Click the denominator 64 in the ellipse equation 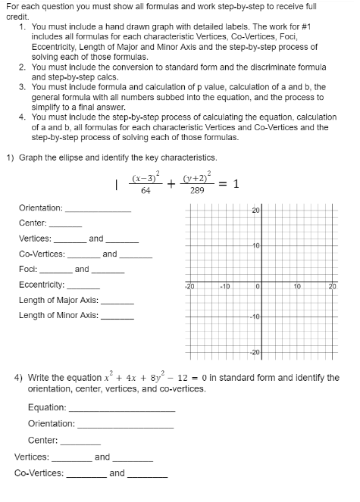(146, 191)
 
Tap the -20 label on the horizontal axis (189, 287)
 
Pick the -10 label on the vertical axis (256, 315)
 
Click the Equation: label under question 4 (47, 407)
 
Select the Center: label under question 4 (42, 440)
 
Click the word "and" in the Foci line (82, 269)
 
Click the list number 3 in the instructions (22, 88)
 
